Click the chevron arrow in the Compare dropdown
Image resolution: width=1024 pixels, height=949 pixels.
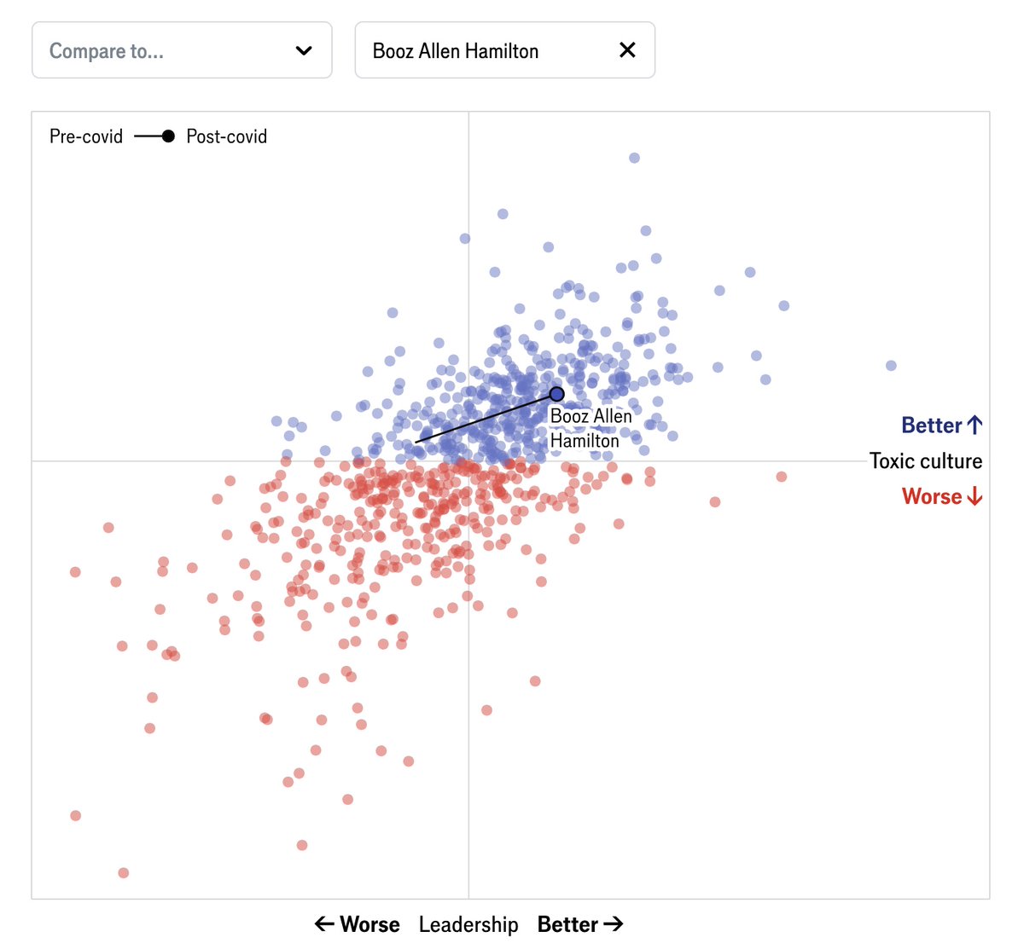tap(304, 50)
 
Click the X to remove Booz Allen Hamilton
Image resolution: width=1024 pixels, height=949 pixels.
tap(627, 50)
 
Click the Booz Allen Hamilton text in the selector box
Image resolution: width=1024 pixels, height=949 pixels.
tap(456, 51)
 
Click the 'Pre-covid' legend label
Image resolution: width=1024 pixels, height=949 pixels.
tap(86, 136)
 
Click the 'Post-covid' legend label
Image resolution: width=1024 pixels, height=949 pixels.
tap(227, 136)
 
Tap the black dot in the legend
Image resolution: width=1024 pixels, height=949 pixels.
tap(168, 136)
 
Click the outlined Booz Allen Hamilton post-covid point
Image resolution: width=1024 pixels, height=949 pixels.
tap(556, 394)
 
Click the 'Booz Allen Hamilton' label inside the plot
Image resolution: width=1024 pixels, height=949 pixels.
tap(591, 428)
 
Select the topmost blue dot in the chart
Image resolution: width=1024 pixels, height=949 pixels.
tap(634, 158)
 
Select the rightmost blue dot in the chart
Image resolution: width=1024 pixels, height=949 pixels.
tap(891, 366)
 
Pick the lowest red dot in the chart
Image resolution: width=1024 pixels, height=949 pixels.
tap(124, 872)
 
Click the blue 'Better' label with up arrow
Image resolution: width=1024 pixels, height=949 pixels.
tap(941, 425)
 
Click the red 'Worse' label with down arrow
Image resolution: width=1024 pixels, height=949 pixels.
tap(941, 496)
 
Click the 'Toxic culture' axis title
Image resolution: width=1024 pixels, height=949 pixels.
tap(926, 461)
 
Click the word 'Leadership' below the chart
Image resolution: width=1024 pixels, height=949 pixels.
tap(468, 924)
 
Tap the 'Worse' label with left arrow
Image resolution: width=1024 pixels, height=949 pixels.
tap(358, 924)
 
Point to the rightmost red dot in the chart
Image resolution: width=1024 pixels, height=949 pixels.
tap(781, 477)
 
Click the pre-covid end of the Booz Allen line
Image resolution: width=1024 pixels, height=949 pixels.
tap(416, 443)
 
